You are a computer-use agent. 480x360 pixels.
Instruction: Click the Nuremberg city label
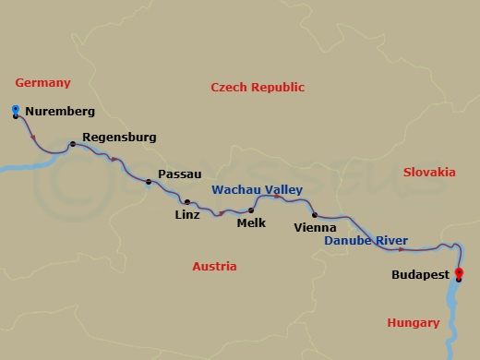tap(60, 113)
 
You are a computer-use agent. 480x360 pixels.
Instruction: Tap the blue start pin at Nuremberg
tap(16, 112)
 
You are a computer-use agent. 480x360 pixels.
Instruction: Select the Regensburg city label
tap(119, 138)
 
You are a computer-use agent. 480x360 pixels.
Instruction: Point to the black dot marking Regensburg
tap(72, 144)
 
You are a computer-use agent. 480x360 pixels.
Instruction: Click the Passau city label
tap(180, 174)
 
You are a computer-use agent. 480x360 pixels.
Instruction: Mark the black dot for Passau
tap(149, 181)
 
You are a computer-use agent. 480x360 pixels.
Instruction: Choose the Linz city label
tap(187, 215)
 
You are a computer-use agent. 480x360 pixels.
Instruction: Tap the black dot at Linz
tap(187, 202)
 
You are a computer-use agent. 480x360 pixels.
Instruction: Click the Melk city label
tap(251, 222)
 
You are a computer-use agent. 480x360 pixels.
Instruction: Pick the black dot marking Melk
tap(251, 210)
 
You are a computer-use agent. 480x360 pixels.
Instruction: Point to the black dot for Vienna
tap(315, 215)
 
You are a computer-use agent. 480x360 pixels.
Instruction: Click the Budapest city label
tap(420, 275)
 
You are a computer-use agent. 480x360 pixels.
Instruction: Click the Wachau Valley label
tap(257, 189)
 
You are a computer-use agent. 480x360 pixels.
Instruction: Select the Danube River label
tap(366, 241)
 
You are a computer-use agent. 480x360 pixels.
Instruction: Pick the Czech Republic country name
tap(258, 88)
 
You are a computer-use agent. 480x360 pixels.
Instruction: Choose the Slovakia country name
tap(429, 172)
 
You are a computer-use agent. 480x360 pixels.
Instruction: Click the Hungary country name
tap(413, 322)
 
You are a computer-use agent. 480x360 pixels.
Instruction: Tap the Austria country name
tap(214, 267)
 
